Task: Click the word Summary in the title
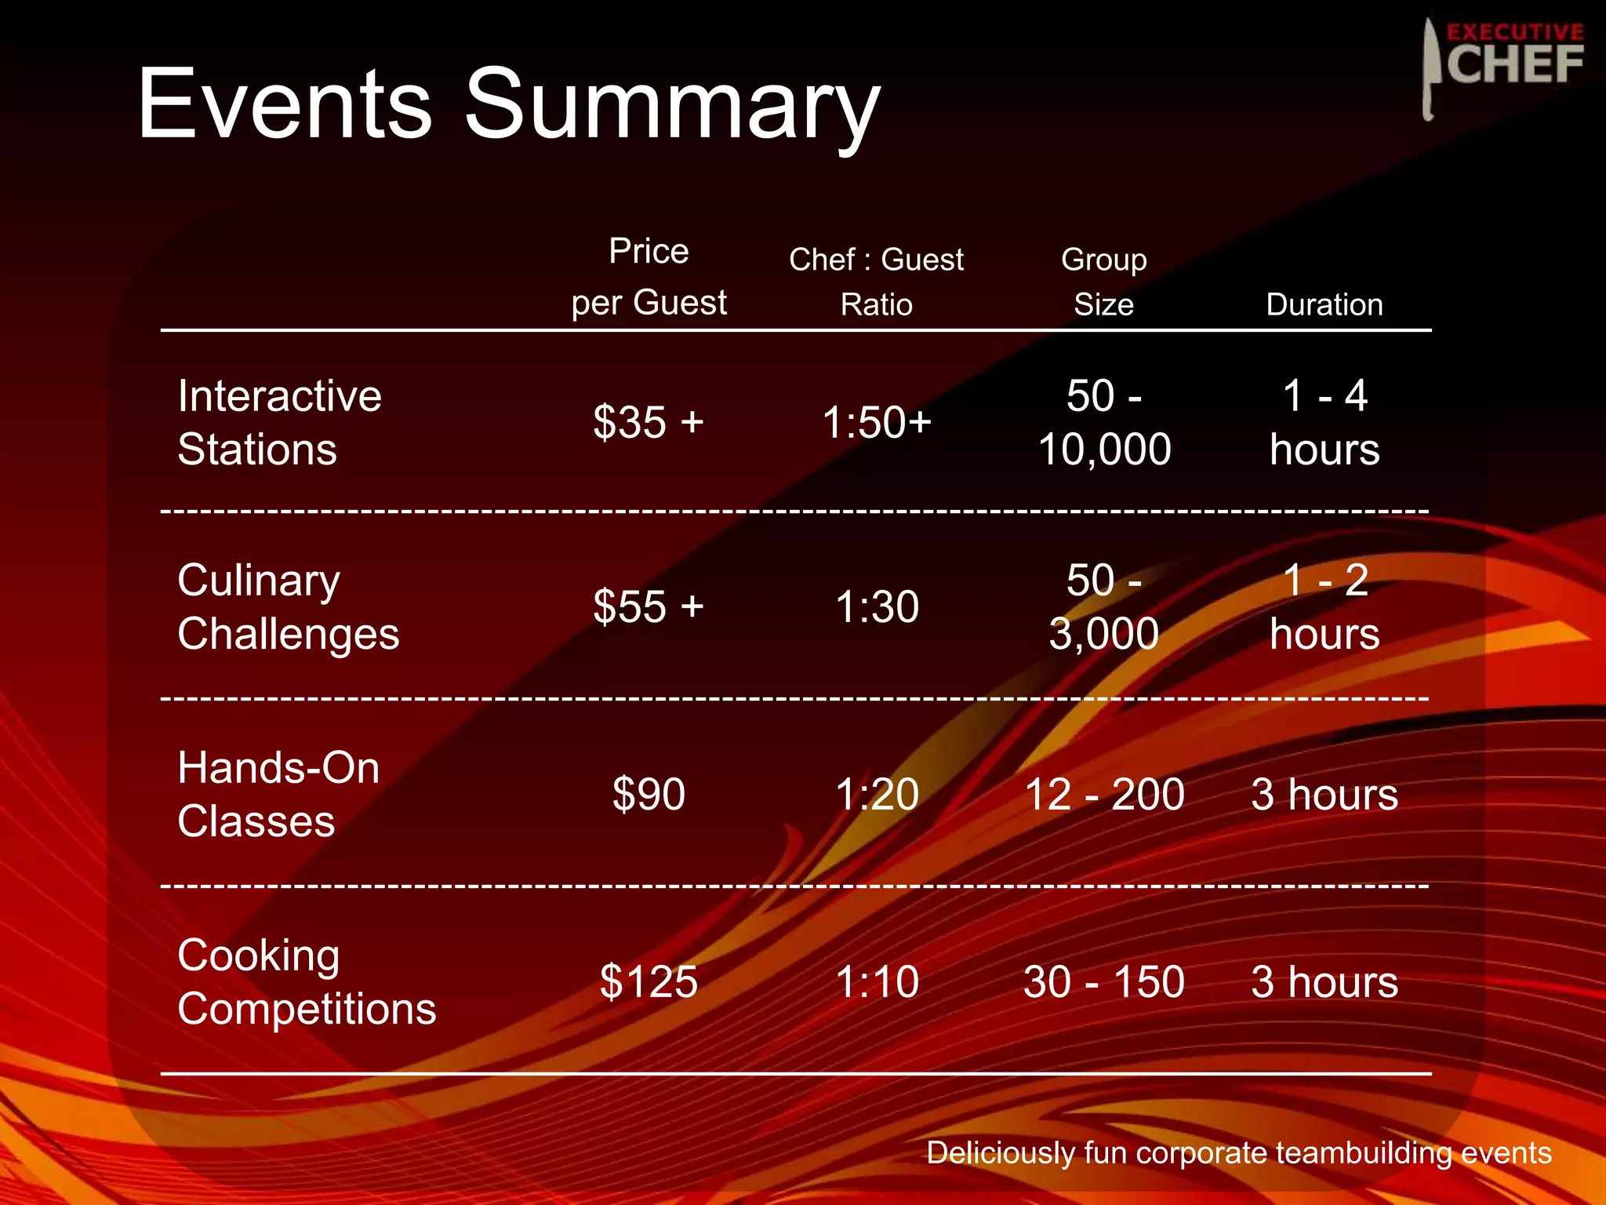[x=672, y=106]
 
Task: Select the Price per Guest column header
[x=649, y=277]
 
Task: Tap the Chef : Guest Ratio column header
[x=876, y=282]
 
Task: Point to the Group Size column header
[x=1103, y=282]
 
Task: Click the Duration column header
[x=1324, y=304]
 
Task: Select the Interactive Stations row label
[x=279, y=422]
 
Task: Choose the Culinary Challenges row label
[x=288, y=606]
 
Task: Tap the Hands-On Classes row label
[x=278, y=794]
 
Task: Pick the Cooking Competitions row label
[x=306, y=981]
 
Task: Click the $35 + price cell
[x=649, y=422]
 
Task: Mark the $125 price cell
[x=649, y=981]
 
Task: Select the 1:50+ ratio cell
[x=877, y=422]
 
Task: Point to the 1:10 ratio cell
[x=877, y=981]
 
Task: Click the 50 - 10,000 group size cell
[x=1104, y=422]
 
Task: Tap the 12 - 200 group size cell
[x=1104, y=794]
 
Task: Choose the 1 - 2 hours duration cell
[x=1324, y=606]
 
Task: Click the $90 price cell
[x=649, y=794]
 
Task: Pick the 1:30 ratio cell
[x=877, y=606]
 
